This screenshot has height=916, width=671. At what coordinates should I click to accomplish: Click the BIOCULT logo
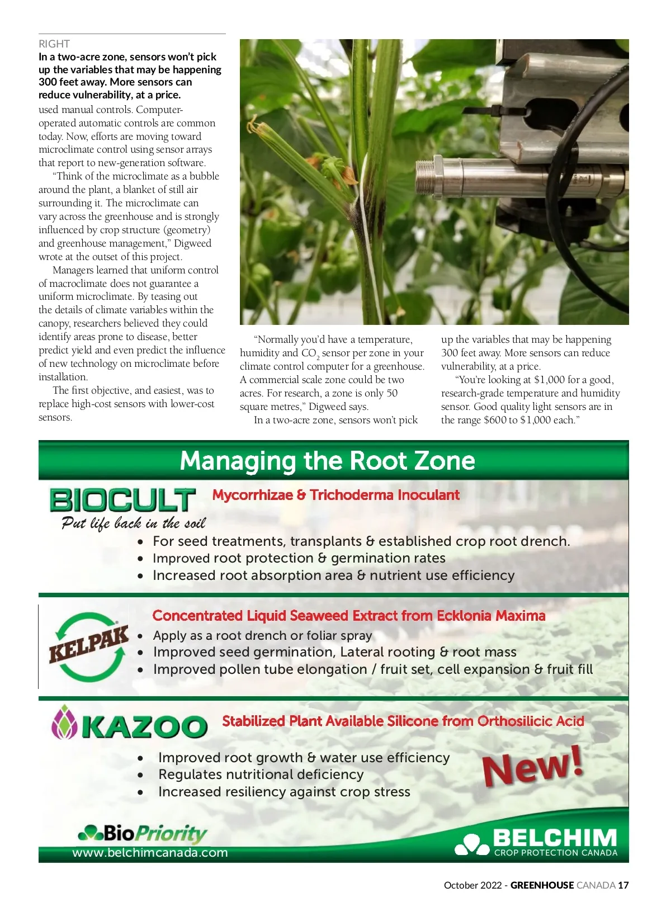[x=122, y=500]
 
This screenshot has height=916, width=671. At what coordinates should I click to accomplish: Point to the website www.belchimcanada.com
[x=150, y=853]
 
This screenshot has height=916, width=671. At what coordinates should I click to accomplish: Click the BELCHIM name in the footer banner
[x=555, y=838]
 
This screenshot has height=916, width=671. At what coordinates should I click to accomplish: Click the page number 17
[x=623, y=885]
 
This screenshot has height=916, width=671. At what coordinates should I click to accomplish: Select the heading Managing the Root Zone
[x=327, y=461]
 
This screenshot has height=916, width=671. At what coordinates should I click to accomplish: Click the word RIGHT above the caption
[x=54, y=44]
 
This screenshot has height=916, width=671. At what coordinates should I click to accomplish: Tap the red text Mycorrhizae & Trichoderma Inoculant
[x=335, y=495]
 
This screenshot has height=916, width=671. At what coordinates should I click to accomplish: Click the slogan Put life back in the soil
[x=134, y=523]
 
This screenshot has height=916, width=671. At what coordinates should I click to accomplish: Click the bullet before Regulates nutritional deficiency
[x=140, y=775]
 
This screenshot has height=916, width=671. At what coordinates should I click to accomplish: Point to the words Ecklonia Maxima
[x=491, y=616]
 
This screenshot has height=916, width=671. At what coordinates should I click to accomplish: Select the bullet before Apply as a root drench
[x=140, y=636]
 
